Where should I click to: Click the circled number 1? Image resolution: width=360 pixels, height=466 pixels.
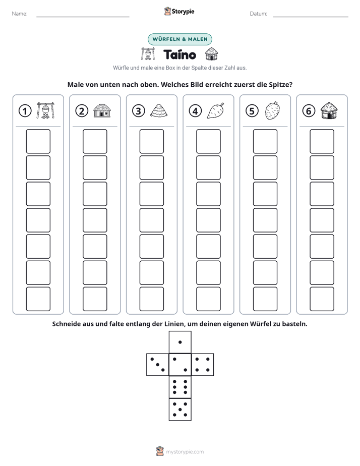pos(25,111)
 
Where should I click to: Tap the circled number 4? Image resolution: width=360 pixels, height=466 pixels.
pos(195,111)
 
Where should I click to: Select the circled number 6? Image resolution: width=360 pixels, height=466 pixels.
pos(309,111)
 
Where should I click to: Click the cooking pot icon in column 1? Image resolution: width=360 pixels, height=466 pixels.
pos(45,110)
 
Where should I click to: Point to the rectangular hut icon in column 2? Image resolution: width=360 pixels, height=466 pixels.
pos(102,110)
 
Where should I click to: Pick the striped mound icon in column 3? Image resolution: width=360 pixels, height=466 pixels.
pos(159,110)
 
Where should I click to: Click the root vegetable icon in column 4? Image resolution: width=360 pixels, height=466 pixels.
pos(216,110)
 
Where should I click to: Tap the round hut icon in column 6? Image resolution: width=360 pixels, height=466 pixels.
pos(329,110)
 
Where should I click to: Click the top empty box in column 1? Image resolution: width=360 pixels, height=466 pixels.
pos(38,141)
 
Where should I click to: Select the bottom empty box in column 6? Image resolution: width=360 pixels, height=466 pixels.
pos(322,299)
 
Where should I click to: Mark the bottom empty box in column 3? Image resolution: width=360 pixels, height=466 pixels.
pos(151,299)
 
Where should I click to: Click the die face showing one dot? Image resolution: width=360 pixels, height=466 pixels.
pos(180,342)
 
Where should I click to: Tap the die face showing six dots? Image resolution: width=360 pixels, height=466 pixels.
pos(180,387)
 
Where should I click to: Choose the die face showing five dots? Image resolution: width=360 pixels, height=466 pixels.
pos(180,409)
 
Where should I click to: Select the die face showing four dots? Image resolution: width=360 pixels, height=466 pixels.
pos(203,364)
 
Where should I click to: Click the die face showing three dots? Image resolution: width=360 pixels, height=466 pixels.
pos(158,364)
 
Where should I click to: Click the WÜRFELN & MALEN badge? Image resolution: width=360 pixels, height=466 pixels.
pos(180,39)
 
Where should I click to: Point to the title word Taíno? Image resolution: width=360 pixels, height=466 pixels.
pos(179,54)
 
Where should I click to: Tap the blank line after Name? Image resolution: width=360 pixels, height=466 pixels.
pos(83,17)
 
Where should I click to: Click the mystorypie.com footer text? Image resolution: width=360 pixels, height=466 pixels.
pos(185,452)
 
